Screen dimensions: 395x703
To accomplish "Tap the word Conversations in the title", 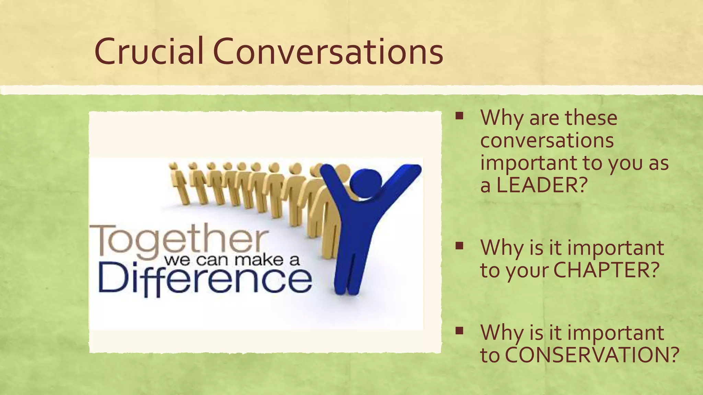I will point(328,51).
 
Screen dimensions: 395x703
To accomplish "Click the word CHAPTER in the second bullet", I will point(606,270).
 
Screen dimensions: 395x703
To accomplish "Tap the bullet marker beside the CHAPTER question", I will point(459,246).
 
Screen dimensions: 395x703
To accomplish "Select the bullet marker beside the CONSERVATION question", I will point(459,331).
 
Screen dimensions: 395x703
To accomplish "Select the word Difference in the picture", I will point(205,279).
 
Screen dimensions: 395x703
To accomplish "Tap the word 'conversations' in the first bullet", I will point(547,141).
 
